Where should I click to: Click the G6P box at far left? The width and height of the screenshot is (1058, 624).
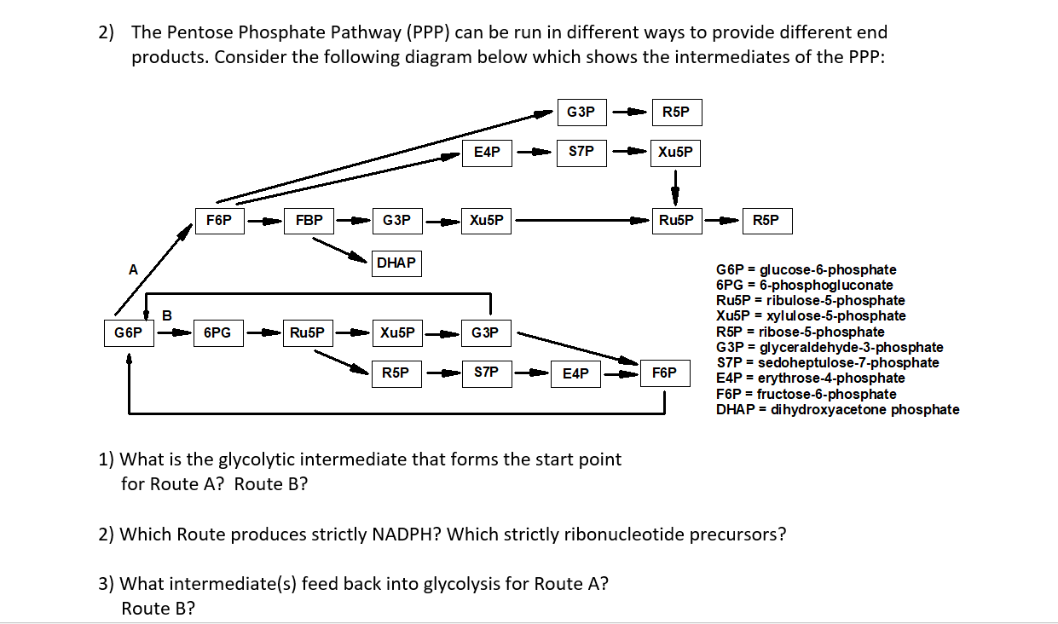(x=129, y=332)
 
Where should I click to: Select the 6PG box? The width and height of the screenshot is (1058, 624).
(x=217, y=332)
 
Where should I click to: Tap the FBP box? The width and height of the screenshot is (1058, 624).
(x=309, y=221)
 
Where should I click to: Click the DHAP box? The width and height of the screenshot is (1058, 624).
(x=396, y=263)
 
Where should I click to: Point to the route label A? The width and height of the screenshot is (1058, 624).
(x=132, y=269)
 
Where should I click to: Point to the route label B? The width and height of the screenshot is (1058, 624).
(x=167, y=315)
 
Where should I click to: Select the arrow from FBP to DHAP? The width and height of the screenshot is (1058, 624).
(x=341, y=249)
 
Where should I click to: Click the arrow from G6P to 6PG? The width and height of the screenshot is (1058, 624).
(x=173, y=332)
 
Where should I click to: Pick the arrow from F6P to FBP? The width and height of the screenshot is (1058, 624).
(x=264, y=222)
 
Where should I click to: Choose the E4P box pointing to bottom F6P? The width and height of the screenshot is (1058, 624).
(x=575, y=373)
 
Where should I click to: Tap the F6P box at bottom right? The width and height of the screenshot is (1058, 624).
(x=664, y=373)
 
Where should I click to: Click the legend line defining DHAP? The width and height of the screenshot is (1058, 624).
(x=837, y=410)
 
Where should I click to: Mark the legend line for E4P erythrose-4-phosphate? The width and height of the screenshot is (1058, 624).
(x=810, y=378)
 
